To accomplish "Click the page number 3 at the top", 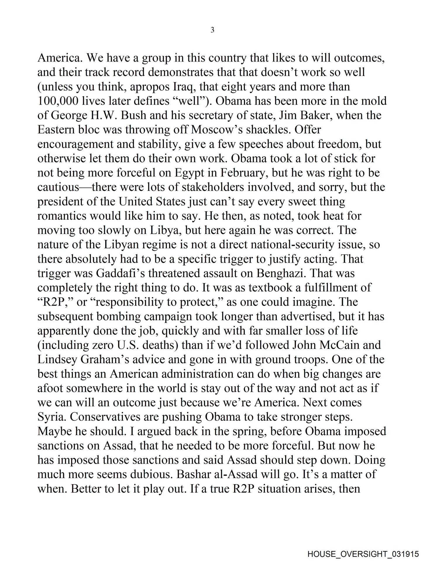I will (x=212, y=30).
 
